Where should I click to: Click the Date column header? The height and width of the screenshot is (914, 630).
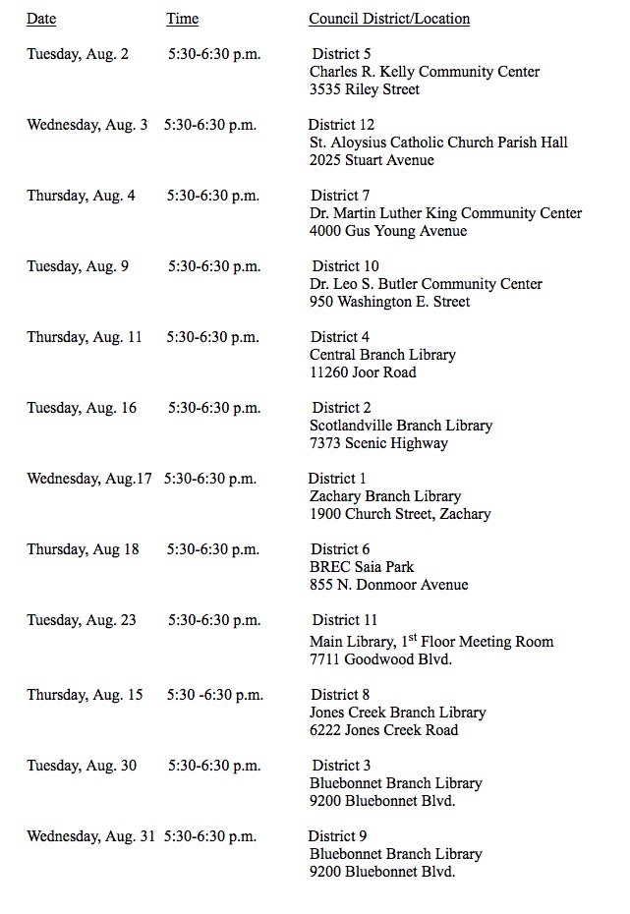41,19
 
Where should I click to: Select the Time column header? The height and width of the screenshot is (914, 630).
182,19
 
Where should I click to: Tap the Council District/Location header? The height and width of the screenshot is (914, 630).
389,19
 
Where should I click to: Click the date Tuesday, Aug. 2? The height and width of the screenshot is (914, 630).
78,54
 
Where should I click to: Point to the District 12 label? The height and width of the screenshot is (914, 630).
341,125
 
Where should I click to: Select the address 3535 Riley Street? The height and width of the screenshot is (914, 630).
365,89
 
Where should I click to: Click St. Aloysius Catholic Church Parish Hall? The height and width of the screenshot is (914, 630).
438,143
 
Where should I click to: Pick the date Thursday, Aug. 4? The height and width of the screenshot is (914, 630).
81,196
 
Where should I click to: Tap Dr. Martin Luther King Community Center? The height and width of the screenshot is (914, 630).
445,213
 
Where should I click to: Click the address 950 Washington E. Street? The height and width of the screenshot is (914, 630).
389,302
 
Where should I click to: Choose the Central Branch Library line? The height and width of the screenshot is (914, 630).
382,355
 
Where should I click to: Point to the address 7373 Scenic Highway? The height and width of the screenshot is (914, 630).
378,443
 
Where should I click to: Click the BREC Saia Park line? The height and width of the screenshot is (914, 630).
362,567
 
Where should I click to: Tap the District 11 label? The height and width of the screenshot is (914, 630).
344,620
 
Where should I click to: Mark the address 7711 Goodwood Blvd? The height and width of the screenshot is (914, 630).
380,659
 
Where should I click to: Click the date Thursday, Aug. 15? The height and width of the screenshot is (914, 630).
85,695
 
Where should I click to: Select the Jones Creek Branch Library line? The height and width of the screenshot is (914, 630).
397,713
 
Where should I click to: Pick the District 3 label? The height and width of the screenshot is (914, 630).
341,766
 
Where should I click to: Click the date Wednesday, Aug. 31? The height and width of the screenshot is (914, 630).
91,836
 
